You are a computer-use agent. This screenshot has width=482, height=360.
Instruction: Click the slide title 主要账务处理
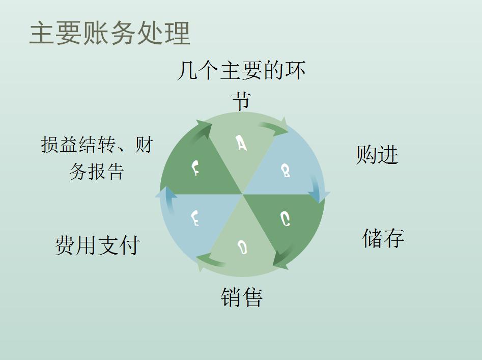pyautogui.click(x=109, y=33)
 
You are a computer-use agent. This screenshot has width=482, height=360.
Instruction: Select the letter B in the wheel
pyautogui.click(x=286, y=171)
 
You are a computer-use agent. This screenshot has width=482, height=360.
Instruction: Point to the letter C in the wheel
pyautogui.click(x=286, y=219)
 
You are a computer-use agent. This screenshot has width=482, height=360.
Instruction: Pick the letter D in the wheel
pyautogui.click(x=243, y=248)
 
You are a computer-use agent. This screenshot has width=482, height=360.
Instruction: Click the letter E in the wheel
pyautogui.click(x=194, y=219)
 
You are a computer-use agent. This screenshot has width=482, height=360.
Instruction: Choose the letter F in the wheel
pyautogui.click(x=195, y=168)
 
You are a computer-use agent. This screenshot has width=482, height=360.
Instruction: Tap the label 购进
pyautogui.click(x=377, y=155)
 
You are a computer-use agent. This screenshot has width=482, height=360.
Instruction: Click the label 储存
pyautogui.click(x=383, y=238)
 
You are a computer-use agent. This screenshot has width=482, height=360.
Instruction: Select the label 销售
pyautogui.click(x=242, y=297)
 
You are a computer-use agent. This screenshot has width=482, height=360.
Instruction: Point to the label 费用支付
pyautogui.click(x=97, y=245)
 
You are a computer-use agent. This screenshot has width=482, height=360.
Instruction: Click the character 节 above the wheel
pyautogui.click(x=241, y=100)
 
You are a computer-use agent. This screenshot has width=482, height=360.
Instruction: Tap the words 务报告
pyautogui.click(x=97, y=172)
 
